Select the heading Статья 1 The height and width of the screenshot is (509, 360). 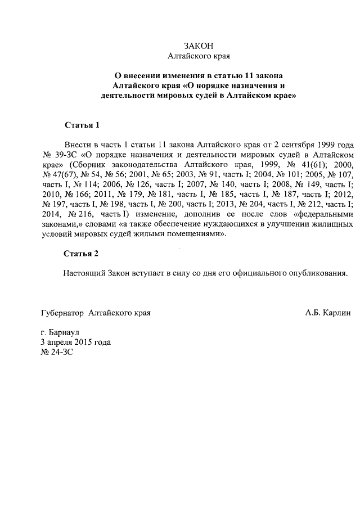[x=82, y=124]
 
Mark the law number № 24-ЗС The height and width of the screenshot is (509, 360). [x=57, y=352]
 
